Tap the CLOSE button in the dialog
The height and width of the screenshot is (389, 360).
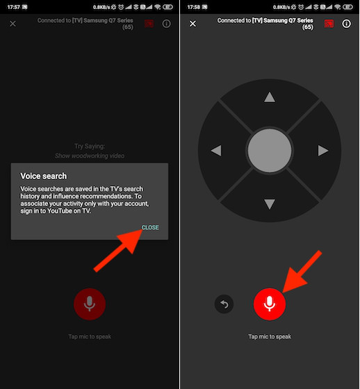(150, 227)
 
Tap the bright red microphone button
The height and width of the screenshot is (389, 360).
(270, 304)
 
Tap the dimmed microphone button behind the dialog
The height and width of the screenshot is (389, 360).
(90, 304)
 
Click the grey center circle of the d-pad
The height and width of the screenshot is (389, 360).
(270, 150)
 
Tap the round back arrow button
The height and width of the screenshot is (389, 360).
(224, 304)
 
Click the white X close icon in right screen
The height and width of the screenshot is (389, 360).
(193, 24)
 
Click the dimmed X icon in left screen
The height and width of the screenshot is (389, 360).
(13, 24)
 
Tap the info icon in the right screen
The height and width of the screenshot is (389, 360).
(346, 24)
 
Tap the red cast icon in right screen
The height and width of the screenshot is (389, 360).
(329, 24)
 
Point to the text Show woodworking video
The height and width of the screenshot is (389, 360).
(90, 156)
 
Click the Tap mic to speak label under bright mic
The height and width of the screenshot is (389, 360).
(270, 337)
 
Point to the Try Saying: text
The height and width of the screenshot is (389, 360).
(90, 147)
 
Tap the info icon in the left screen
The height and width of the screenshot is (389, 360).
(166, 24)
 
